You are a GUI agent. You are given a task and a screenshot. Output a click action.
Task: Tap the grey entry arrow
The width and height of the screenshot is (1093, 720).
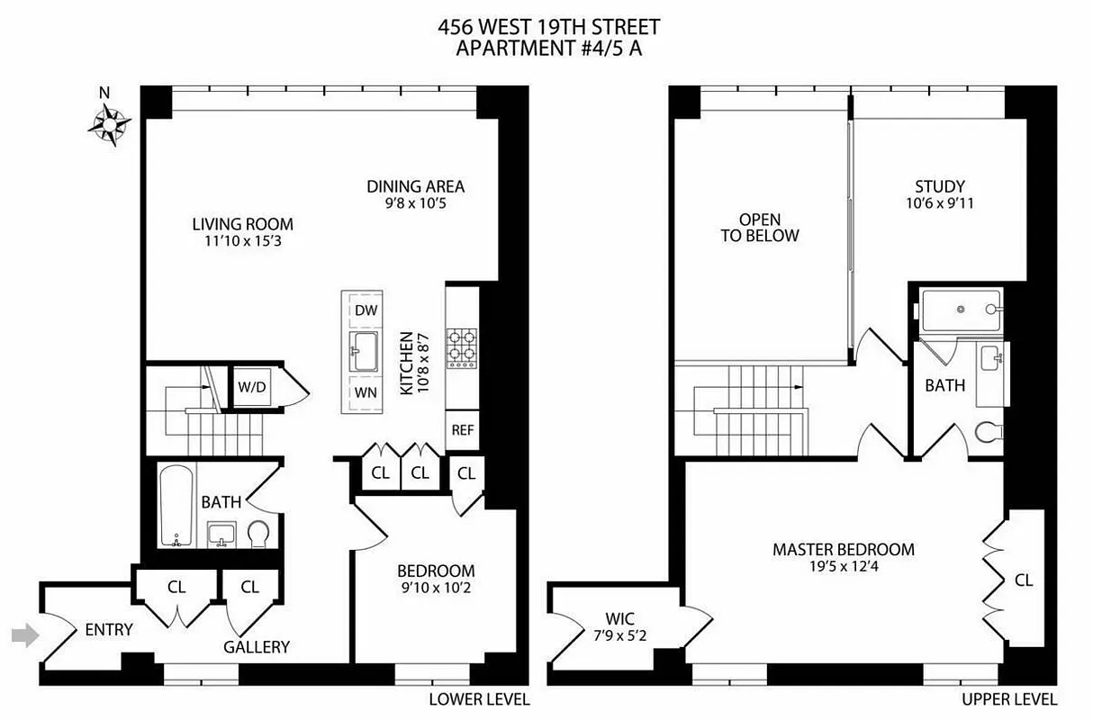(x=25, y=635)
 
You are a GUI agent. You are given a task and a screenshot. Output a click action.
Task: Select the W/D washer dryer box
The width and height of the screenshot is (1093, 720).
(x=252, y=387)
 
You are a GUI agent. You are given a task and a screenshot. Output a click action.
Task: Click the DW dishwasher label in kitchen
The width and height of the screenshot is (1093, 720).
(x=365, y=310)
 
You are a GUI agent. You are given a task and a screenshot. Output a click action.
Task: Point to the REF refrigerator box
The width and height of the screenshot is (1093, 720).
(x=463, y=430)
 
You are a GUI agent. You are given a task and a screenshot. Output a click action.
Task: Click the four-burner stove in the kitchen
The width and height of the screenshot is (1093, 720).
(x=463, y=347)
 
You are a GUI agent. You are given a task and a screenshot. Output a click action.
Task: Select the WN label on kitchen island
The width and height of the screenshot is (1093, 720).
(x=365, y=392)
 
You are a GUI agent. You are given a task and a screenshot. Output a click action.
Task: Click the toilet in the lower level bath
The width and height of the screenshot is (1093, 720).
(x=258, y=535)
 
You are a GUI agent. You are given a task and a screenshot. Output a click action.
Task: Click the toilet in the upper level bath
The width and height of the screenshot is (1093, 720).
(x=989, y=433)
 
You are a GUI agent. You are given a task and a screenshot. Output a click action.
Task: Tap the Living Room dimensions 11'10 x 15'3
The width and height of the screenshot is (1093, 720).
(x=242, y=241)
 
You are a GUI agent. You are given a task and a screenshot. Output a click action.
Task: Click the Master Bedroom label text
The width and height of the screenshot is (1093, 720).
(x=843, y=549)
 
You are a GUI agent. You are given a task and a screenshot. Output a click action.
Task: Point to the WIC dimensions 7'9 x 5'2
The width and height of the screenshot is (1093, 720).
(x=619, y=635)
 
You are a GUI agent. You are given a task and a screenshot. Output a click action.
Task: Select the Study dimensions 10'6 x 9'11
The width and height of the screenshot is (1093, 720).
(x=940, y=203)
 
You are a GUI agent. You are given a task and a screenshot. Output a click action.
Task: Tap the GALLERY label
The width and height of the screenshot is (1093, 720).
(x=257, y=646)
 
